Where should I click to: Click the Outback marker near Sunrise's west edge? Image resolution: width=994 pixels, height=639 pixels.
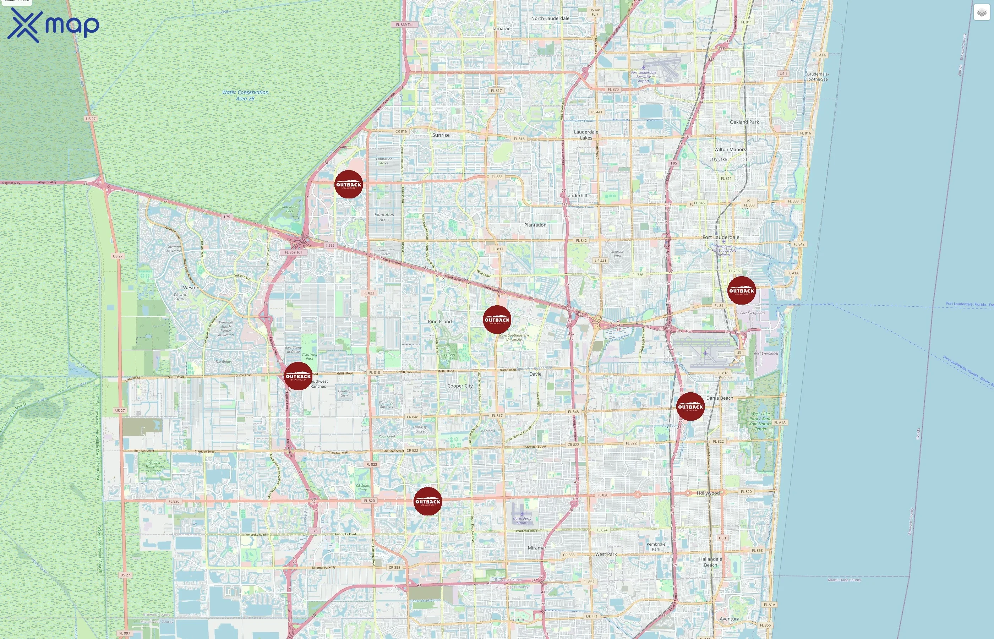349,184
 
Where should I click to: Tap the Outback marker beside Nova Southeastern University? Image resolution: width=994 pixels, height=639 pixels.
497,319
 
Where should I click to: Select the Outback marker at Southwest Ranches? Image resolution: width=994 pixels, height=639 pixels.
298,376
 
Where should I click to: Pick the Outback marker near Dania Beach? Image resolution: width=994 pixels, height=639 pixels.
690,406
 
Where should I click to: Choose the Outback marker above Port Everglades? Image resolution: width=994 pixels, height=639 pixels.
741,290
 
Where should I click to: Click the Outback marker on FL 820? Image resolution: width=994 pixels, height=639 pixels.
428,501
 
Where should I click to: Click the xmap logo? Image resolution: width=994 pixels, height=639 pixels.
53,25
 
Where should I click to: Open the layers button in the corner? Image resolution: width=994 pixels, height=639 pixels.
981,12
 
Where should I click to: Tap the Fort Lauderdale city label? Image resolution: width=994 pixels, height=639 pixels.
721,237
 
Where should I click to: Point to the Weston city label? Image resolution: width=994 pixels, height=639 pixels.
191,288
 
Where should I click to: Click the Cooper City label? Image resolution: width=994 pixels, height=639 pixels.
460,386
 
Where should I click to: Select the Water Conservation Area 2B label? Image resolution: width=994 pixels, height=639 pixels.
245,95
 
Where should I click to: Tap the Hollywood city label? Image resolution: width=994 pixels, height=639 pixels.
708,493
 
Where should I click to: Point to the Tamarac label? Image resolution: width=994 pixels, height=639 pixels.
501,29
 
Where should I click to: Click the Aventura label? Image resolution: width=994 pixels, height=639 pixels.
729,619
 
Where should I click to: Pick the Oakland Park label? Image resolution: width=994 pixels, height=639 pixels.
744,122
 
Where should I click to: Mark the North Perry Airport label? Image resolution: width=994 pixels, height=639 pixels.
522,520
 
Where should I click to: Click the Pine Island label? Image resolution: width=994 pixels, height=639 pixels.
439,322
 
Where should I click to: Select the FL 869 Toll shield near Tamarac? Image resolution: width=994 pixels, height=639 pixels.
404,24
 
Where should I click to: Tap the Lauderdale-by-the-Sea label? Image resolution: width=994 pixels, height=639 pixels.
817,77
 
